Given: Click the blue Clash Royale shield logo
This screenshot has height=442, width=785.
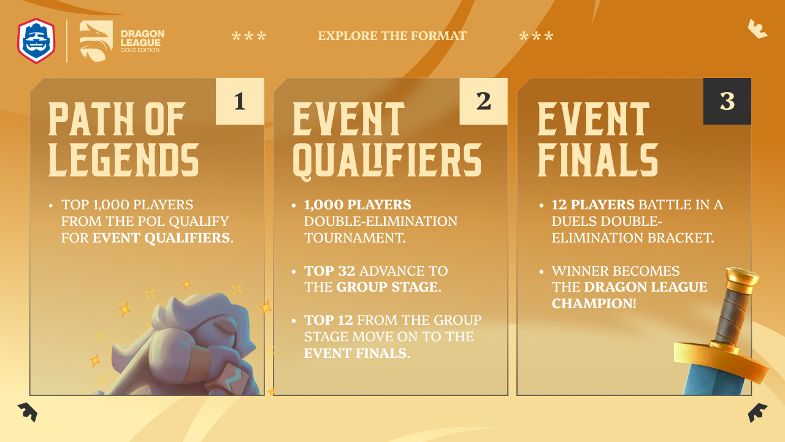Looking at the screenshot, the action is tap(36, 41).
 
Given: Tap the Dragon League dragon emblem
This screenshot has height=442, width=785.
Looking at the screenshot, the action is tap(96, 41).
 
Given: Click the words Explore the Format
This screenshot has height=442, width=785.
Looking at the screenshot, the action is tap(392, 36).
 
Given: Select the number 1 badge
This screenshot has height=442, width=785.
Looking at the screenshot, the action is tap(240, 101).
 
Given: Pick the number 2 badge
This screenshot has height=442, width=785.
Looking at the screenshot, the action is tap(483, 101).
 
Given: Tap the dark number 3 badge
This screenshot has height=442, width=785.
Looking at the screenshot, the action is tap(727, 101).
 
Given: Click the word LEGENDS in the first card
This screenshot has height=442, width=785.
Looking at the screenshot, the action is tap(124, 160).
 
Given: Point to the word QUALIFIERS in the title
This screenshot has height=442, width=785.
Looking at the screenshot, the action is tap(387, 161).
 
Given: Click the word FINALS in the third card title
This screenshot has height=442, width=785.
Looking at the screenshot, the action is tap(598, 160).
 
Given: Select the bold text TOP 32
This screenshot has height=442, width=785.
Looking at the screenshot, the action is tap(330, 271).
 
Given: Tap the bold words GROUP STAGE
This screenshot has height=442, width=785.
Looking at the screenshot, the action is tap(389, 287).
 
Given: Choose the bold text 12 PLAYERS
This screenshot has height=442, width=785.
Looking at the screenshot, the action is tap(593, 204).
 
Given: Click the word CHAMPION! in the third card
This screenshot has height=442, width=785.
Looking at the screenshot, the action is tap(594, 303).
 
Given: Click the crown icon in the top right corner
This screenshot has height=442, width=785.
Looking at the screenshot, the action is tap(757, 29).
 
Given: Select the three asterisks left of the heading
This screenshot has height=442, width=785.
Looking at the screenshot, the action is tap(249, 36).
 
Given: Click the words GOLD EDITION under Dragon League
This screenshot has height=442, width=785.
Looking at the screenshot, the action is tap(140, 50).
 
